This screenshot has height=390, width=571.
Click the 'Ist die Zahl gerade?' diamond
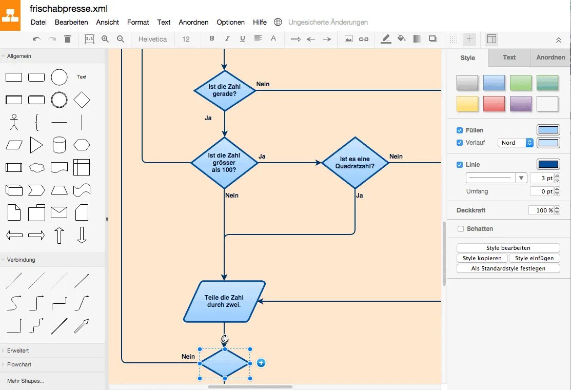pyautogui.click(x=225, y=91)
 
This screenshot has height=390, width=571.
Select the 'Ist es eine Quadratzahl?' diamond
pyautogui.click(x=355, y=163)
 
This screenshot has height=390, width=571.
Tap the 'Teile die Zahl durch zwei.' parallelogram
pyautogui.click(x=224, y=301)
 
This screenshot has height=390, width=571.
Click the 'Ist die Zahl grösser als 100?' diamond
pyautogui.click(x=224, y=163)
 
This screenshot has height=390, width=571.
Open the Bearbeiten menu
pyautogui.click(x=71, y=22)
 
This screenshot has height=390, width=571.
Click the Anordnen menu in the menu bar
pyautogui.click(x=193, y=22)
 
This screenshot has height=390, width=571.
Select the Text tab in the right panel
pyautogui.click(x=509, y=57)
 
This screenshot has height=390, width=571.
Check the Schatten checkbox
pyautogui.click(x=461, y=229)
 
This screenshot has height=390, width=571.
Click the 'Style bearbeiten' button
pyautogui.click(x=508, y=248)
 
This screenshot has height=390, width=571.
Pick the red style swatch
pyautogui.click(x=494, y=104)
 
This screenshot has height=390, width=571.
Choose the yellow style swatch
pyautogui.click(x=467, y=104)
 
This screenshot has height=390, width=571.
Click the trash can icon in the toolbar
pyautogui.click(x=68, y=39)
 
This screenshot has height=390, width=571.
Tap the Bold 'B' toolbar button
pyautogui.click(x=211, y=39)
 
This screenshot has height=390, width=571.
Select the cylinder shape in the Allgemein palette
pyautogui.click(x=59, y=145)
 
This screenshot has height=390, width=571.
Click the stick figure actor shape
pyautogui.click(x=14, y=122)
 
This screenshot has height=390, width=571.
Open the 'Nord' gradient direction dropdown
pyautogui.click(x=516, y=143)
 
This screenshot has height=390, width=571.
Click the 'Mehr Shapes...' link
pyautogui.click(x=26, y=381)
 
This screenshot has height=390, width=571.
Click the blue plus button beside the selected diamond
pyautogui.click(x=261, y=363)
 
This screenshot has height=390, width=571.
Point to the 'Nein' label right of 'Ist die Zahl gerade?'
pyautogui.click(x=263, y=84)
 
